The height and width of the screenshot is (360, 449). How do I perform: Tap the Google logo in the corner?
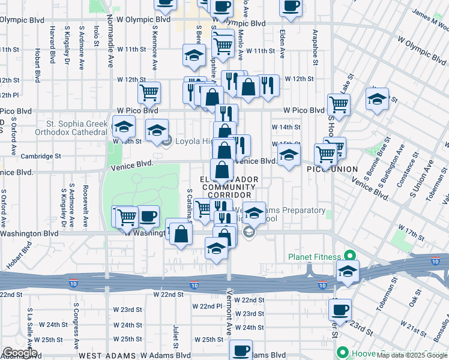20,353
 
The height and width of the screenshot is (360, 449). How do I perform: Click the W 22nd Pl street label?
208,306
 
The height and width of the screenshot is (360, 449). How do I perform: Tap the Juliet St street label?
176,337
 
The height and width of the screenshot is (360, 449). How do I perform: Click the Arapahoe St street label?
314,44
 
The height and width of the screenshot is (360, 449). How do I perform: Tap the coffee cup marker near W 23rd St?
340,310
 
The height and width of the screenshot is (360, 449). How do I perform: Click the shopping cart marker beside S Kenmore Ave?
149,92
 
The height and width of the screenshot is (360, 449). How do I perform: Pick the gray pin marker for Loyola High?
167,142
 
